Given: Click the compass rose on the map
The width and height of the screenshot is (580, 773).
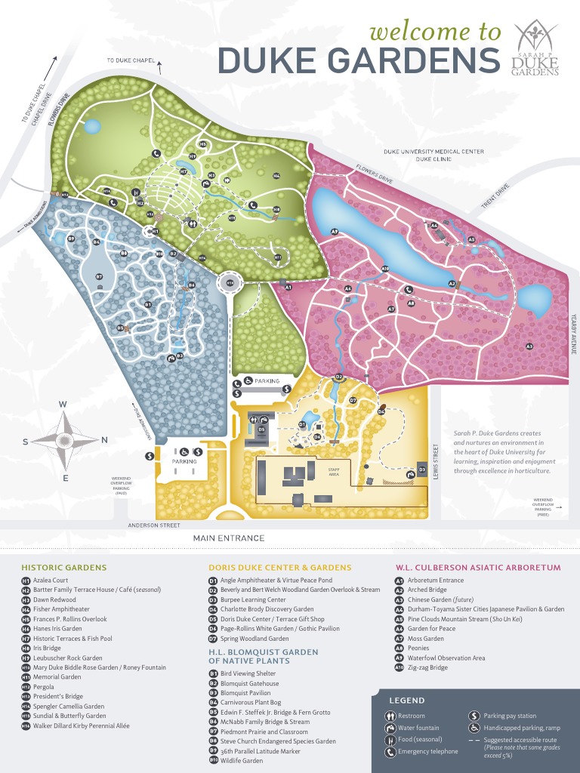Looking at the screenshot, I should (65, 439).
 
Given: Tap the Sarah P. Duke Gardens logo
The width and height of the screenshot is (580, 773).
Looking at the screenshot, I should (535, 49).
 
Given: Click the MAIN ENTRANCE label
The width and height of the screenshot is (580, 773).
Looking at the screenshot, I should (229, 538).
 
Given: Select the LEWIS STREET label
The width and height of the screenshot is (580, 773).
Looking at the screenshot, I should (436, 460).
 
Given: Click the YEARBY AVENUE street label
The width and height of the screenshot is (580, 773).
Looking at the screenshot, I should (574, 332).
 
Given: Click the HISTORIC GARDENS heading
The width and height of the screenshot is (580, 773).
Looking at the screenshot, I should (64, 567).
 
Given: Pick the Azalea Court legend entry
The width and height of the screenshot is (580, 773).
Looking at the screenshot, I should (51, 581).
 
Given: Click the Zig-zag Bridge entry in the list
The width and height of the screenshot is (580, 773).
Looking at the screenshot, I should (427, 667).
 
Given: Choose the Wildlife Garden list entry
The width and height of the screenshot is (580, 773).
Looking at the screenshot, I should (242, 761).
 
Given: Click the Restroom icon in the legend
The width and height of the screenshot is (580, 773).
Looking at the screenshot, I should (390, 716).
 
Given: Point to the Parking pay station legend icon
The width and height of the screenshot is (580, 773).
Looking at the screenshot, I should (474, 716).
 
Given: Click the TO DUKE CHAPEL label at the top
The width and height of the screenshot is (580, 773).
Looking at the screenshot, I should (130, 60).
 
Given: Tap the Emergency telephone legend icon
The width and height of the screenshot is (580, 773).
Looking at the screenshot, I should (390, 752).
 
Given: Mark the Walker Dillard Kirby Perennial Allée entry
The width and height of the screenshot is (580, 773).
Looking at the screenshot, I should (81, 725).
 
